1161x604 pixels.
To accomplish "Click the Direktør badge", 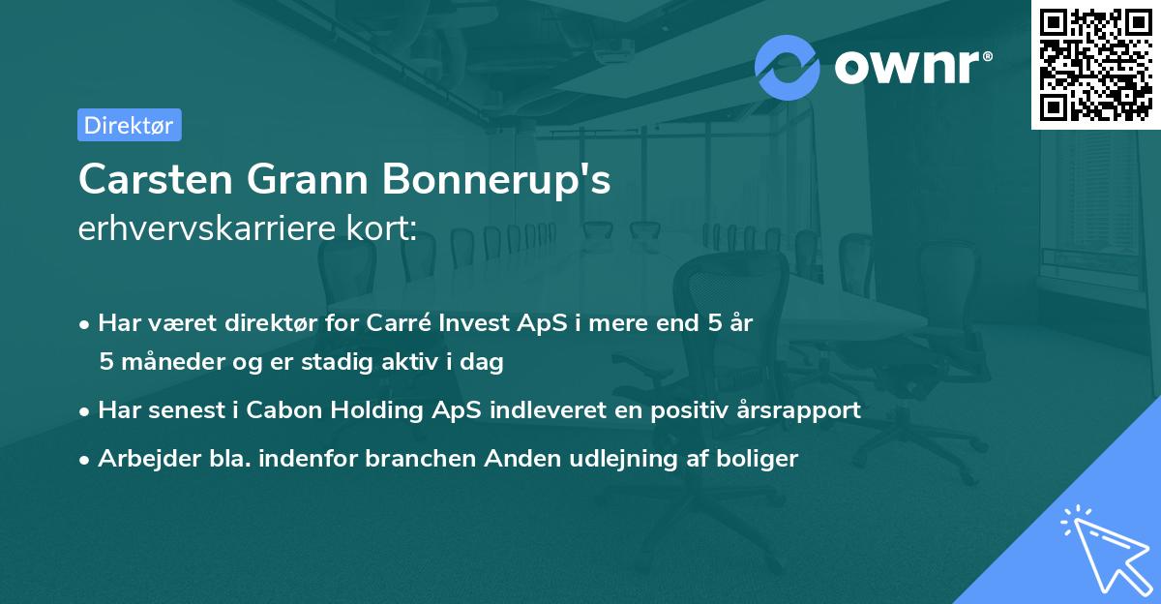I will click(x=129, y=125).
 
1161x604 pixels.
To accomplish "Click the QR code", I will click(x=1095, y=65).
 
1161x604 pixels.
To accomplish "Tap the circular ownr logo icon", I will click(x=788, y=66).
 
